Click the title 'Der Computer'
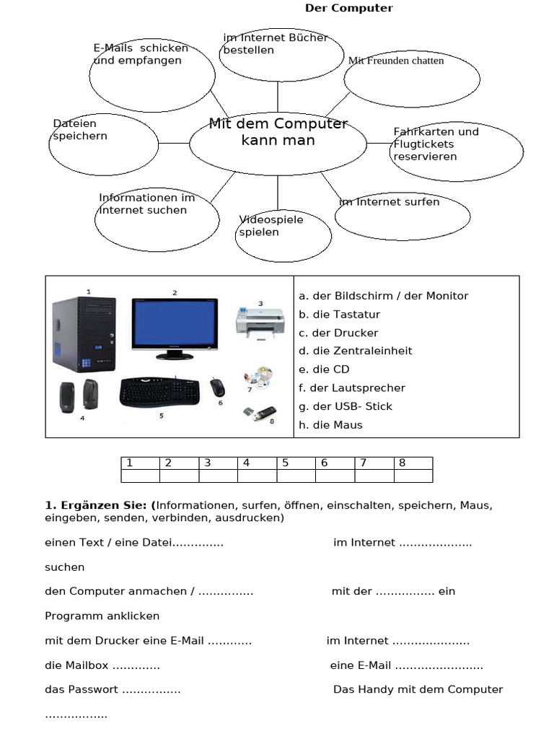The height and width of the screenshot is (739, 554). tap(348, 9)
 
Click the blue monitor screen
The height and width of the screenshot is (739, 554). tap(174, 325)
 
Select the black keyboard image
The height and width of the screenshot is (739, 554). tap(159, 391)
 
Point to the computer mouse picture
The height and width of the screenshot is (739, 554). tap(217, 387)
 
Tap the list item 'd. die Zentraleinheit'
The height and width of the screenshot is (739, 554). tap(355, 351)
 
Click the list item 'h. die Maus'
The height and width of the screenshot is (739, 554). tap(330, 425)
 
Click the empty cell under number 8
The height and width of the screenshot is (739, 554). tap(413, 476)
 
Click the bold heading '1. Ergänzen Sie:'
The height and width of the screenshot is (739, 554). tap(98, 506)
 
